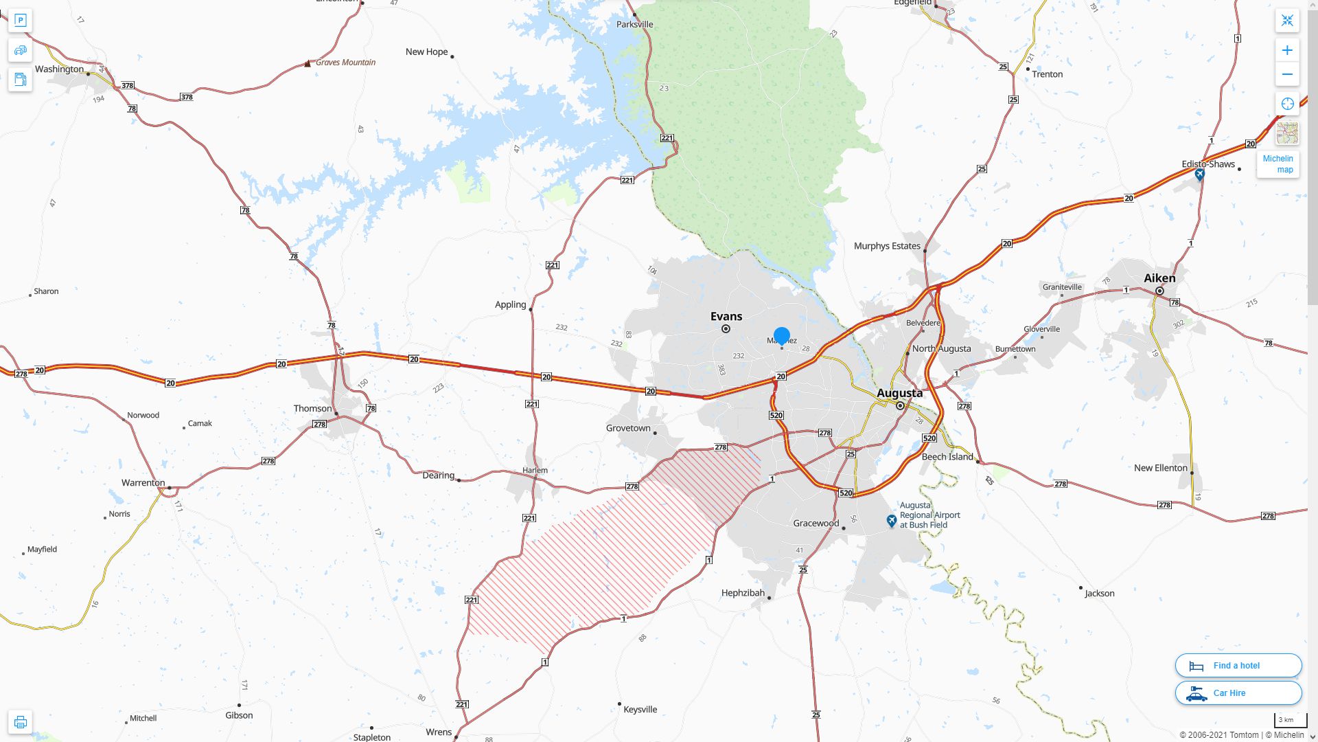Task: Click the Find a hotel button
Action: pyautogui.click(x=1238, y=666)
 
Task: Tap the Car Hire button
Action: pyautogui.click(x=1238, y=693)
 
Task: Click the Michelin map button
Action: pyautogui.click(x=1277, y=164)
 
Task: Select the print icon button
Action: pyautogui.click(x=21, y=722)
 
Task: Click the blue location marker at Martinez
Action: pyautogui.click(x=782, y=336)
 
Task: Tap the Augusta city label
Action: pyautogui.click(x=899, y=393)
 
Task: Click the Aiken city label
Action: pyautogui.click(x=1159, y=278)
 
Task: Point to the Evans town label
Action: pyautogui.click(x=726, y=317)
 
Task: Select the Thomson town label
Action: pyautogui.click(x=312, y=409)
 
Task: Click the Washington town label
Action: pyautogui.click(x=59, y=69)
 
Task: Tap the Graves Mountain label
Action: pyautogui.click(x=345, y=63)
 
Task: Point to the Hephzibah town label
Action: pyautogui.click(x=743, y=593)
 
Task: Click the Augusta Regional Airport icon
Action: pyautogui.click(x=891, y=521)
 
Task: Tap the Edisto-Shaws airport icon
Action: pyautogui.click(x=1199, y=175)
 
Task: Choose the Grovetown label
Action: pyautogui.click(x=628, y=428)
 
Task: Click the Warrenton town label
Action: pyautogui.click(x=143, y=483)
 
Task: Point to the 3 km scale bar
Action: pyautogui.click(x=1290, y=721)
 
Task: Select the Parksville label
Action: pyautogui.click(x=634, y=25)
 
